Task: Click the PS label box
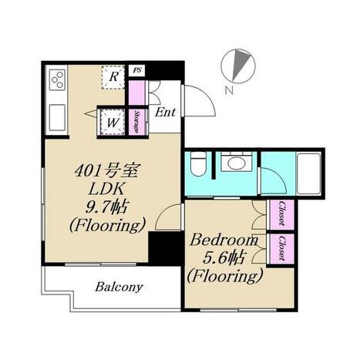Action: tap(136, 70)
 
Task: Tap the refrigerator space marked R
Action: tap(113, 77)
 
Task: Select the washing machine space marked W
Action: tap(113, 122)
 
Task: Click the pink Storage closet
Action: tap(137, 122)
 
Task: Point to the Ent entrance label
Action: tap(166, 113)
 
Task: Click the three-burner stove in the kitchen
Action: tap(57, 79)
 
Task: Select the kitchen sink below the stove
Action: tap(57, 117)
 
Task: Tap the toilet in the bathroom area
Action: tap(199, 163)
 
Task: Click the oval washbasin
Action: tap(237, 163)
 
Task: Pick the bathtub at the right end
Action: tap(309, 173)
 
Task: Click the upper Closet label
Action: tap(282, 214)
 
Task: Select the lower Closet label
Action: tap(282, 248)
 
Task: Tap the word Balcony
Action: tap(119, 287)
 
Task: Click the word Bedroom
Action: tap(224, 241)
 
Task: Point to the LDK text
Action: tap(106, 190)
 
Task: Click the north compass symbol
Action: tap(239, 66)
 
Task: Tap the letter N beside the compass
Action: tap(229, 90)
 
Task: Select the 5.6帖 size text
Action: tap(223, 258)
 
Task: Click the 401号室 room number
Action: tap(107, 170)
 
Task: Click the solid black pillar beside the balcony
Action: tap(164, 247)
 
